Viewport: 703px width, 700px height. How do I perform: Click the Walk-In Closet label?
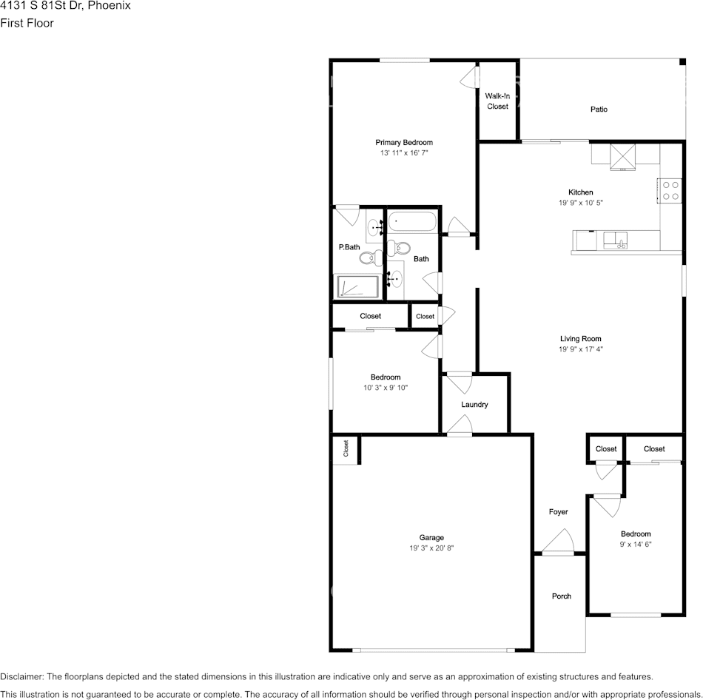497,101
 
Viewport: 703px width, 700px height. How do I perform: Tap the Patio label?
599,109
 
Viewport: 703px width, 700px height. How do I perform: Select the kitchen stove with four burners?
670,191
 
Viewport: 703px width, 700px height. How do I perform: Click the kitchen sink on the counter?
615,240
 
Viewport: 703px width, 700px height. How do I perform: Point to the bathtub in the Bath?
412,221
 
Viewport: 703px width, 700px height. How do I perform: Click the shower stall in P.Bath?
358,287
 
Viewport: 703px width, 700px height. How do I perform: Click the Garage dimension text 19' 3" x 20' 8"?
431,548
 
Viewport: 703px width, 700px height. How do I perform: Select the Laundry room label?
474,405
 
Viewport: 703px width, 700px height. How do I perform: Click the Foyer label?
558,511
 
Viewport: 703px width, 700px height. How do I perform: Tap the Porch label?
562,596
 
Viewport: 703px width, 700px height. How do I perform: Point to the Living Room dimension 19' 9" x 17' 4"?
581,349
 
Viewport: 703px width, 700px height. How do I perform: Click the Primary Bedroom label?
404,143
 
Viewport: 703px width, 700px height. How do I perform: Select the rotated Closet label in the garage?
346,448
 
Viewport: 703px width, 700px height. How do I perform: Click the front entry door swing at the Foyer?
558,542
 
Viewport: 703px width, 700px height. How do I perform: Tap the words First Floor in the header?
27,23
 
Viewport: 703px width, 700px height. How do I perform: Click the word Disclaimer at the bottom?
22,676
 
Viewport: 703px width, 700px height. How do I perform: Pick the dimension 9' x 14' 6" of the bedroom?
636,544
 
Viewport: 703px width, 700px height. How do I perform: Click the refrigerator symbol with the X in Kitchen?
622,157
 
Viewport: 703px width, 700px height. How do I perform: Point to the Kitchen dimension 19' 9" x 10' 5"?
581,202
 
